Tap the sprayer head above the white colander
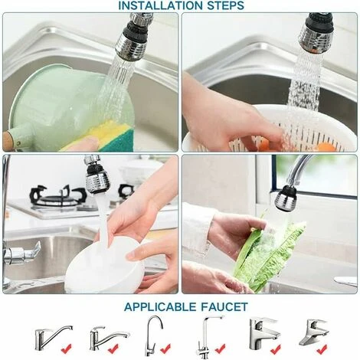pyautogui.click(x=316, y=33)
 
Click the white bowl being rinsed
pyautogui.click(x=105, y=266)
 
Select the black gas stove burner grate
pyautogui.click(x=58, y=196)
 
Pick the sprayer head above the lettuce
pyautogui.click(x=285, y=198)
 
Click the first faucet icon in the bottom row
pyautogui.click(x=53, y=338)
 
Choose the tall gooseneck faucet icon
pyautogui.click(x=154, y=335)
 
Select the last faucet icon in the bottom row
pyautogui.click(x=313, y=332)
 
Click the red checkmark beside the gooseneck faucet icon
pyautogui.click(x=165, y=349)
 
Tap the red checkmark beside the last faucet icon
pyautogui.click(x=322, y=349)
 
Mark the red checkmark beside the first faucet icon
pyautogui.click(x=67, y=349)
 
